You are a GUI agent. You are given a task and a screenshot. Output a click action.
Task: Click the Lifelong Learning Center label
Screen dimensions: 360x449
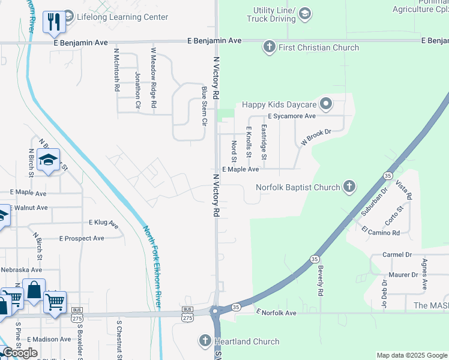click(122, 17)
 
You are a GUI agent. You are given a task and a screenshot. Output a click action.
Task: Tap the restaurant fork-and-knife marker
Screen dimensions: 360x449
click(55, 22)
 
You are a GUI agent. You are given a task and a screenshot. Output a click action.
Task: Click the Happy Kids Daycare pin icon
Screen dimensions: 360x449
click(326, 104)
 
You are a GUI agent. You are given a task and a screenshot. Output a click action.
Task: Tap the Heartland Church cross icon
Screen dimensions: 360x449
click(204, 341)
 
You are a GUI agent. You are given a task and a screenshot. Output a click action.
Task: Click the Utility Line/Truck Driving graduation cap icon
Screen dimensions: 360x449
click(305, 13)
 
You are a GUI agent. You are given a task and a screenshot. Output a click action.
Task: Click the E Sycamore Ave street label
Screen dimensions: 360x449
click(292, 116)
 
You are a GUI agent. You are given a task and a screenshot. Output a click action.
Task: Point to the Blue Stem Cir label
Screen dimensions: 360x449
click(204, 106)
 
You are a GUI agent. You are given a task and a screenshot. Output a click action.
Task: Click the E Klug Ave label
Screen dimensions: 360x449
click(103, 223)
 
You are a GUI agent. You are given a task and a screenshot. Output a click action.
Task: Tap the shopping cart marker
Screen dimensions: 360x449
click(55, 301)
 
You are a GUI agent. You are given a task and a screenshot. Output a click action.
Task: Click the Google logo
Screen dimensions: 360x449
click(20, 353)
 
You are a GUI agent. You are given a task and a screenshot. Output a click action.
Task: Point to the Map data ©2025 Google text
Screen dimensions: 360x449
click(411, 355)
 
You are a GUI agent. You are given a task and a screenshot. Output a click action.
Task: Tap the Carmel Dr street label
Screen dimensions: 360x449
click(397, 255)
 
